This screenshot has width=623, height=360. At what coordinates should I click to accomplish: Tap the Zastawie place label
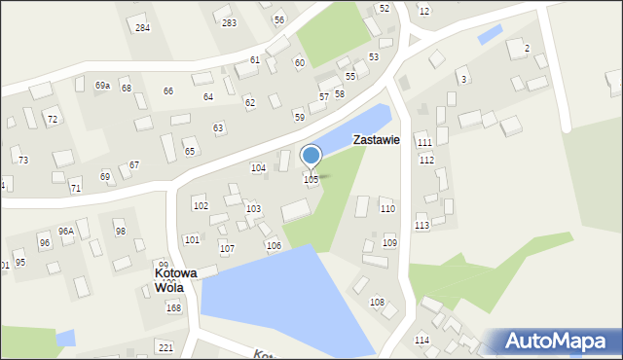click(x=377, y=140)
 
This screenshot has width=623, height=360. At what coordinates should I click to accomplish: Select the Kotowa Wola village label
click(x=175, y=280)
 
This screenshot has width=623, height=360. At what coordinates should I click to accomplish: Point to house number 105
click(x=311, y=180)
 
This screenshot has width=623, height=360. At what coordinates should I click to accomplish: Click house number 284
click(x=142, y=28)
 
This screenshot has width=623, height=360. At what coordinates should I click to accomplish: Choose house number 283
click(x=229, y=22)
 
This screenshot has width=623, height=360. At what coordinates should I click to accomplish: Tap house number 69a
click(x=102, y=87)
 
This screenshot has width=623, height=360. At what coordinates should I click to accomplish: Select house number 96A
click(x=66, y=232)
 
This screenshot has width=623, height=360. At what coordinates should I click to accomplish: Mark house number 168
click(x=173, y=308)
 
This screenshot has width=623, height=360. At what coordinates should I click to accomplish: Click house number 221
click(x=165, y=347)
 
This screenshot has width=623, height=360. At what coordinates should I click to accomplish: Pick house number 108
click(x=377, y=303)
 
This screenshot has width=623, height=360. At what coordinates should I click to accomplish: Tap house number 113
click(x=421, y=226)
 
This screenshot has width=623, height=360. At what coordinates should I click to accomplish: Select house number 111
click(x=424, y=143)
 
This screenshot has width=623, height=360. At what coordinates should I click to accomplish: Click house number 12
click(x=423, y=11)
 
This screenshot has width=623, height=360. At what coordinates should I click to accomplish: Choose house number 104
click(x=258, y=168)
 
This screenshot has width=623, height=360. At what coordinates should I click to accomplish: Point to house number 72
click(x=53, y=120)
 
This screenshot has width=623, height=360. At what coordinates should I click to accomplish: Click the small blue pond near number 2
click(x=491, y=34)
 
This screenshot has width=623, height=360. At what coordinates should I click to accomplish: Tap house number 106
click(x=274, y=245)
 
